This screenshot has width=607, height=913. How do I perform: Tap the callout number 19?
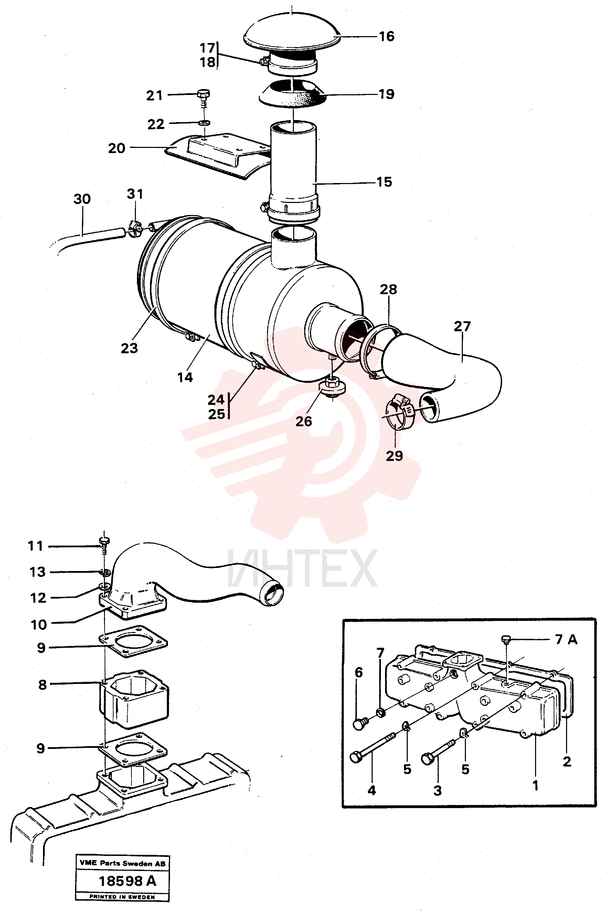click(x=386, y=94)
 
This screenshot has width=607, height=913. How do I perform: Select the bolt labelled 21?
click(x=203, y=99)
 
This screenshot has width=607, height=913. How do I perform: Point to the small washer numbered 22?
click(x=203, y=123)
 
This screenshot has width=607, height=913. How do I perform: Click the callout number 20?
click(x=117, y=148)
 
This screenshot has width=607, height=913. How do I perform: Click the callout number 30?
click(x=82, y=199)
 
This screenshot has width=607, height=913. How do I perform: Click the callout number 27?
click(x=462, y=327)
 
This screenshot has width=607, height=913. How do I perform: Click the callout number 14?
click(x=185, y=377)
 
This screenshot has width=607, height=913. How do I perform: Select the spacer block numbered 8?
click(x=134, y=699)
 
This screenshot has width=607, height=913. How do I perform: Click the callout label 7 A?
click(x=566, y=640)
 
